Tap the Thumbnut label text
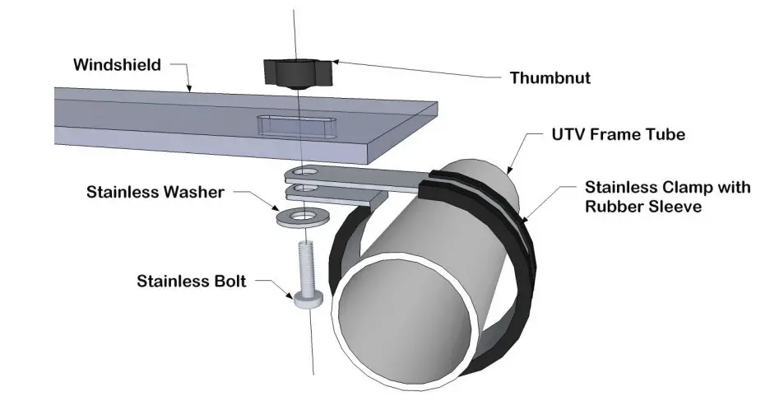point(550,78)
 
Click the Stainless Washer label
point(155,194)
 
